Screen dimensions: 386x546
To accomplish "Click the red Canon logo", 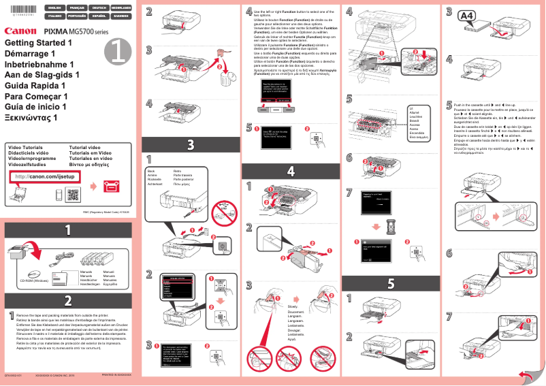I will coord(20,31).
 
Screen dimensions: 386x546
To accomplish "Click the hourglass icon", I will coord(387,223).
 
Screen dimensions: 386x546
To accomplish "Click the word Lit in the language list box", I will coord(411,108).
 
